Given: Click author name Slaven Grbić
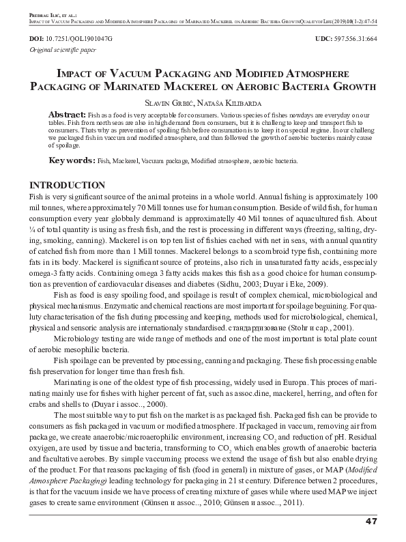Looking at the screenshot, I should [168, 101].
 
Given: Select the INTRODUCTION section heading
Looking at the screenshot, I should [67, 186].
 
